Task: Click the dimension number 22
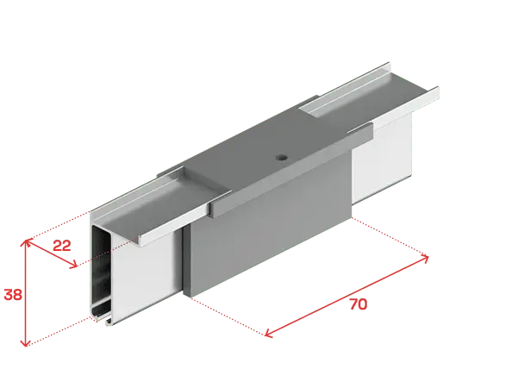[x=62, y=246]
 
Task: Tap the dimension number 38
[x=13, y=294]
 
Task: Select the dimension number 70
[x=359, y=304]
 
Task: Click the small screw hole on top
[x=282, y=157]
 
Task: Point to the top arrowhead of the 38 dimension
[x=26, y=242]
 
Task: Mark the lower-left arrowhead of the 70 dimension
[x=268, y=334]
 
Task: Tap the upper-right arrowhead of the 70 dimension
[x=425, y=258]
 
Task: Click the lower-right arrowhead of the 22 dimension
[x=74, y=265]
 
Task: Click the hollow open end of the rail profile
[x=101, y=271]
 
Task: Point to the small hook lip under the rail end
[x=109, y=322]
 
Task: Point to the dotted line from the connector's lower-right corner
[x=390, y=236]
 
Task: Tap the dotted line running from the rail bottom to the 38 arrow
[x=59, y=330]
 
